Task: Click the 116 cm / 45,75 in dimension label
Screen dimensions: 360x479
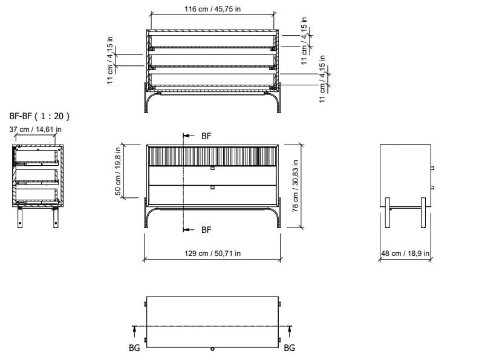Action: tap(212, 10)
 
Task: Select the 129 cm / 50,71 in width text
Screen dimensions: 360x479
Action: tap(212, 253)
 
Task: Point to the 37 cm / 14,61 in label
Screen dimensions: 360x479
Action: tap(35, 129)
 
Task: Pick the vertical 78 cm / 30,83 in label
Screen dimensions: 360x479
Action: tap(296, 186)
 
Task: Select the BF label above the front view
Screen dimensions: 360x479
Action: tap(206, 137)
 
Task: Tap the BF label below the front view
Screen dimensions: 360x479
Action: tap(206, 230)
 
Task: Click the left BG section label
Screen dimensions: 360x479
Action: tap(134, 348)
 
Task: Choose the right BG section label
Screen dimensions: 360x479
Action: tap(289, 348)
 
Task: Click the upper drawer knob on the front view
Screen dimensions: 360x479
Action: tap(212, 168)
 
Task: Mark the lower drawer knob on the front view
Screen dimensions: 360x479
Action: tap(212, 187)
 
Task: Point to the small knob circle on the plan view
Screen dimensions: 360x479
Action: tap(212, 349)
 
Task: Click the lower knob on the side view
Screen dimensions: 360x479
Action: tap(432, 186)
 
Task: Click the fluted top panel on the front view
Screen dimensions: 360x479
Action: tap(212, 155)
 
